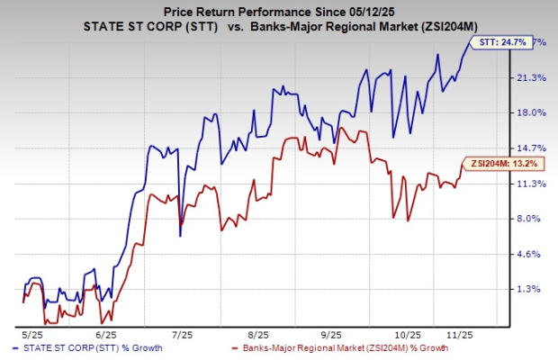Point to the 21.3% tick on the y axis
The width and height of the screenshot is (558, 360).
[x=533, y=78]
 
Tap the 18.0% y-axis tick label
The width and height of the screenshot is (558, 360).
[x=533, y=113]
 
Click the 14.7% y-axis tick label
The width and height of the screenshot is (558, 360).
[x=533, y=148]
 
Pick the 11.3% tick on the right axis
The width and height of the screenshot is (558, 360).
[x=533, y=184]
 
